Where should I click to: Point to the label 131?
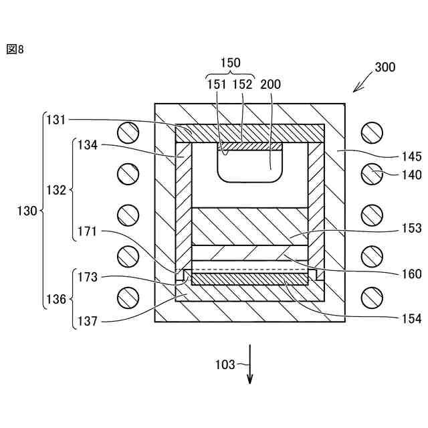pos(57,120)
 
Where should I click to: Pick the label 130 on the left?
pos(27,211)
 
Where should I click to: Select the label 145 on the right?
pos(413,157)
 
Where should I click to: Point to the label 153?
pos(413,229)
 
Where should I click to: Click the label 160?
pos(413,274)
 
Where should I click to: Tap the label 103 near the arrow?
pos(225,365)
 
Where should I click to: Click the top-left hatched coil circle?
pos(127,132)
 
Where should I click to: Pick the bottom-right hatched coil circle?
pos(371,296)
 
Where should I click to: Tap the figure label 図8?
pos(15,49)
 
